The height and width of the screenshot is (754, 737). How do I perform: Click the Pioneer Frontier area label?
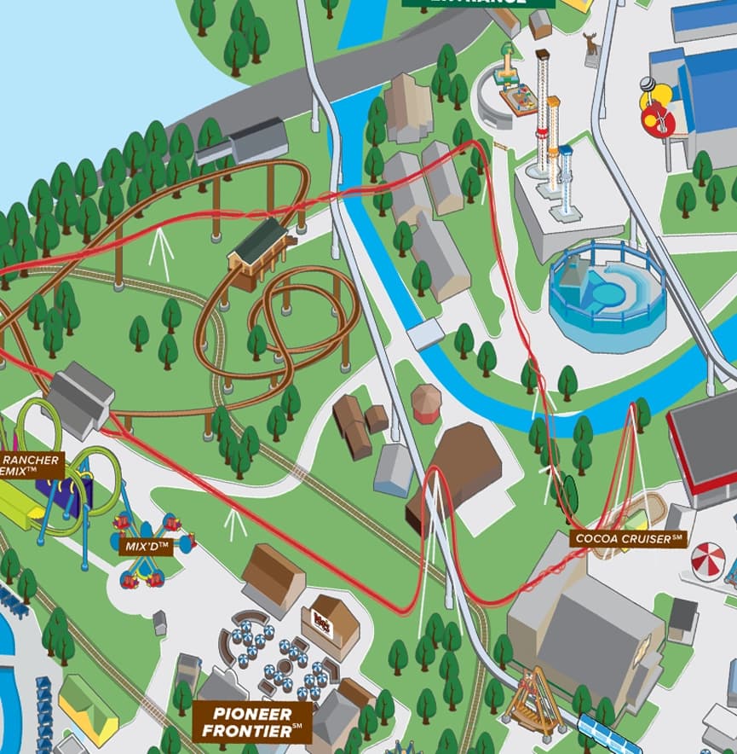click(251, 722)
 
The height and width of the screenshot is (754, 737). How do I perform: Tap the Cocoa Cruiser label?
click(630, 538)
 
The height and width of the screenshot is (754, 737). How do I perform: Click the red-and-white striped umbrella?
click(707, 561)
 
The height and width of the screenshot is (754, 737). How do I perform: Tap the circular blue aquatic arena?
click(606, 295)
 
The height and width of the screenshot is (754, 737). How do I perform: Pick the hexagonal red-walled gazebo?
click(426, 403)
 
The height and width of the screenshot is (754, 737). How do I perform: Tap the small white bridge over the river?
click(425, 333)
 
